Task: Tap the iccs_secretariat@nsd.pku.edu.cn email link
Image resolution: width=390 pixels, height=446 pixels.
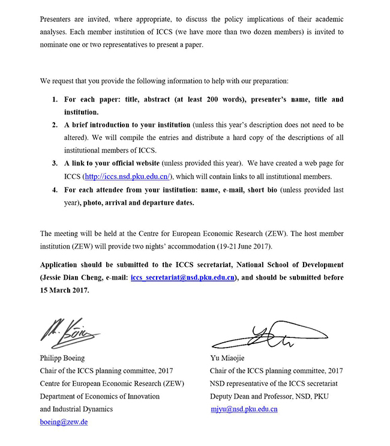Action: click(x=182, y=278)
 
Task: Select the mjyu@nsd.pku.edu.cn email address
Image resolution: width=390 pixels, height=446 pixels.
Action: click(x=244, y=409)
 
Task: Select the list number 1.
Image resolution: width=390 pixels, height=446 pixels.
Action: click(x=54, y=99)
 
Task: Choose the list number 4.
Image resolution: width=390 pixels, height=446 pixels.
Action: click(x=54, y=190)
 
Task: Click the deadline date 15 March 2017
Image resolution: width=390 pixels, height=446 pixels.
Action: click(x=64, y=291)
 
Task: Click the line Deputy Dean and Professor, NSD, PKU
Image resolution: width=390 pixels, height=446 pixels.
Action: click(x=269, y=397)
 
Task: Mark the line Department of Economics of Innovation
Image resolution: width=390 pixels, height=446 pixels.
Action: click(x=100, y=397)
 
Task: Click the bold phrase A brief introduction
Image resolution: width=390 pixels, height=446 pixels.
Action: click(x=102, y=125)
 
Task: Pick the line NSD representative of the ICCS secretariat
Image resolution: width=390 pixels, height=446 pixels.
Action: click(x=274, y=384)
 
